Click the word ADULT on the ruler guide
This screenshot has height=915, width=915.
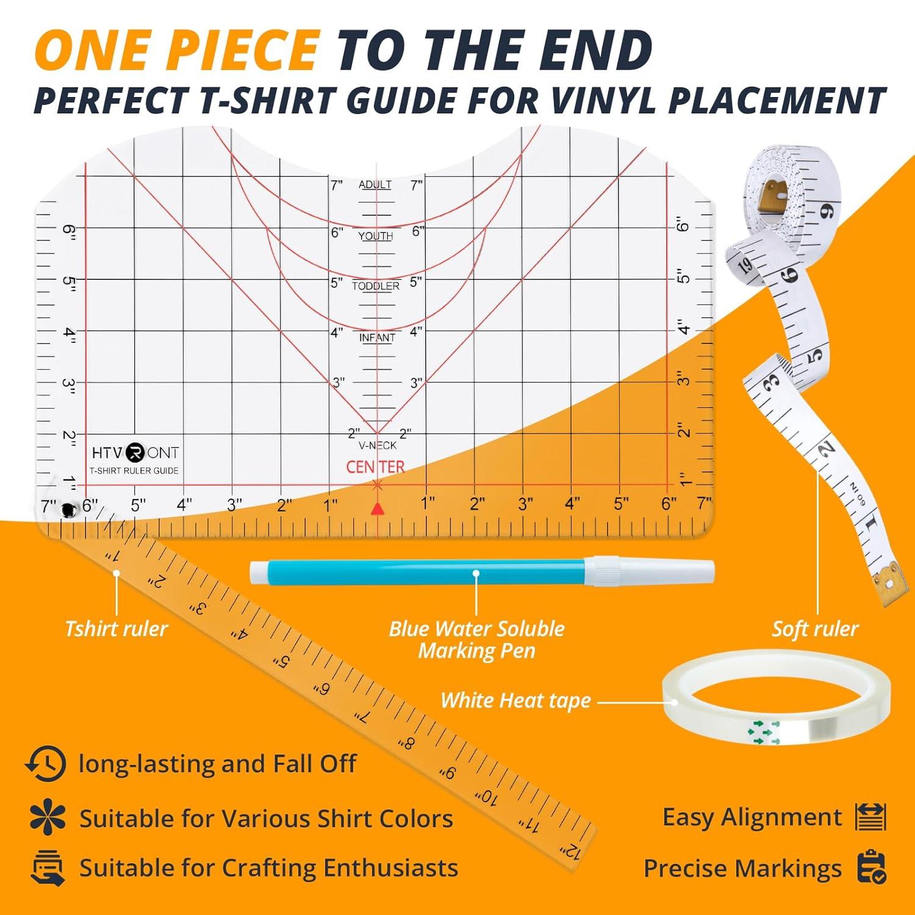pyautogui.click(x=375, y=185)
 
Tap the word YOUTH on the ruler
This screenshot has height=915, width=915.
pyautogui.click(x=376, y=236)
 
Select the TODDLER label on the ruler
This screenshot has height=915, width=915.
pyautogui.click(x=376, y=286)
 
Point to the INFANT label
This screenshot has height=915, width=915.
pyautogui.click(x=377, y=338)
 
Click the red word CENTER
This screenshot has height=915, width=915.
pyautogui.click(x=375, y=467)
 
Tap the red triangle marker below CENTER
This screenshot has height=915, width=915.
pyautogui.click(x=378, y=509)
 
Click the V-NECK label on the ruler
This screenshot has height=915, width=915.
pyautogui.click(x=377, y=446)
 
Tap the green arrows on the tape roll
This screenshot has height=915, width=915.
pyautogui.click(x=763, y=731)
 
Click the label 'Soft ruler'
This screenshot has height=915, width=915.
pyautogui.click(x=815, y=629)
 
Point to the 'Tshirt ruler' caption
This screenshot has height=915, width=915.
pyautogui.click(x=116, y=629)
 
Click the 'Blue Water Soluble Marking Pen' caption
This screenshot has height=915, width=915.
pyautogui.click(x=476, y=640)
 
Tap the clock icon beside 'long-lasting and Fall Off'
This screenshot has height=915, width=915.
pyautogui.click(x=45, y=763)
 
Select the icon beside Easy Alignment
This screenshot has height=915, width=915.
pyautogui.click(x=870, y=817)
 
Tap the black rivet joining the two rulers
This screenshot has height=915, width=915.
pyautogui.click(x=66, y=510)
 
